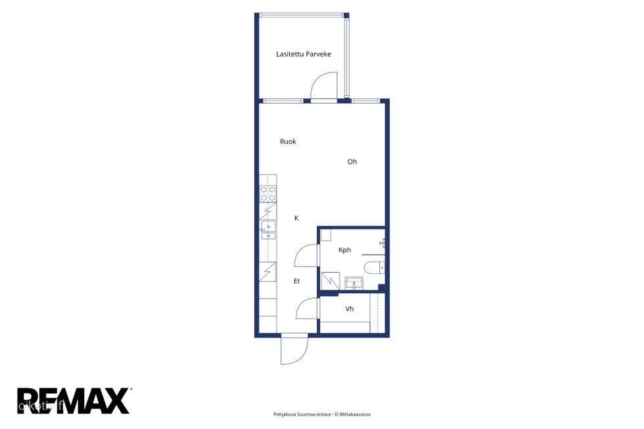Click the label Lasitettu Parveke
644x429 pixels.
click(x=304, y=54)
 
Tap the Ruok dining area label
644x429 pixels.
click(x=288, y=142)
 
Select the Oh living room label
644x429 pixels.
click(x=352, y=162)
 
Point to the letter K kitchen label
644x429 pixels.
click(x=296, y=218)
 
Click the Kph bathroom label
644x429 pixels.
click(x=344, y=250)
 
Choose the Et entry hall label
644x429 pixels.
click(x=296, y=281)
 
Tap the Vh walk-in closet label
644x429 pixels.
click(x=350, y=309)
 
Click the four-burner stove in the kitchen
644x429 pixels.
click(x=268, y=193)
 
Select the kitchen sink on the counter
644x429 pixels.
click(x=268, y=231)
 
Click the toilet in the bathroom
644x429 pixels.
click(x=375, y=267)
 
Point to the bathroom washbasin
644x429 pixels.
click(x=354, y=283)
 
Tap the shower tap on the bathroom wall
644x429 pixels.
click(x=382, y=243)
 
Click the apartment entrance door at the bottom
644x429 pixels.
click(x=294, y=349)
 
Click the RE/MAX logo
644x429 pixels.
click(x=74, y=401)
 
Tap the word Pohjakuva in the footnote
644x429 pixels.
click(x=283, y=415)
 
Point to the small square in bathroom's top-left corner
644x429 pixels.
click(x=326, y=235)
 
